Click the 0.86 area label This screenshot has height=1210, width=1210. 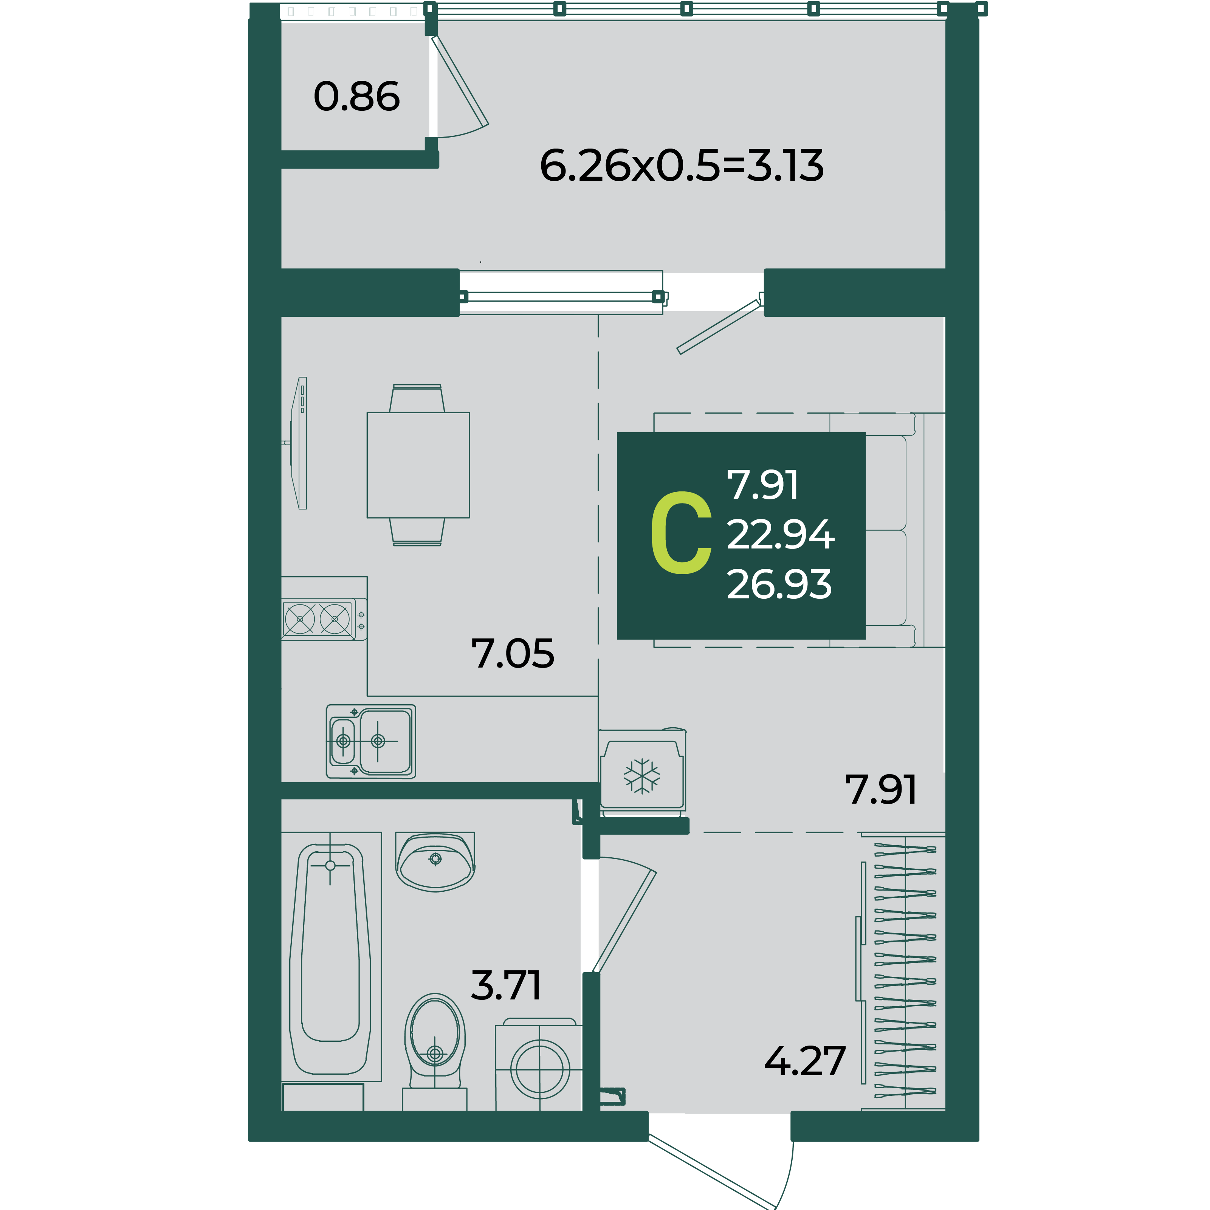[x=356, y=97]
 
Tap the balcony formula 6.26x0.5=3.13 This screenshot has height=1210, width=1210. [x=682, y=166]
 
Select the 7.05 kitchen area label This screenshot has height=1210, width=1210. [x=512, y=654]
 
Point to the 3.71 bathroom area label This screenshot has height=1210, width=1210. [x=505, y=986]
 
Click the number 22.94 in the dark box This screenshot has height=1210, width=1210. [x=780, y=535]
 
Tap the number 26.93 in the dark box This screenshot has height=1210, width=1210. [x=779, y=584]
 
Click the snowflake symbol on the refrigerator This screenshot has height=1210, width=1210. [x=642, y=776]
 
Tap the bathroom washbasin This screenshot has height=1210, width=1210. [x=435, y=862]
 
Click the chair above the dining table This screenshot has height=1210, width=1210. [x=417, y=398]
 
